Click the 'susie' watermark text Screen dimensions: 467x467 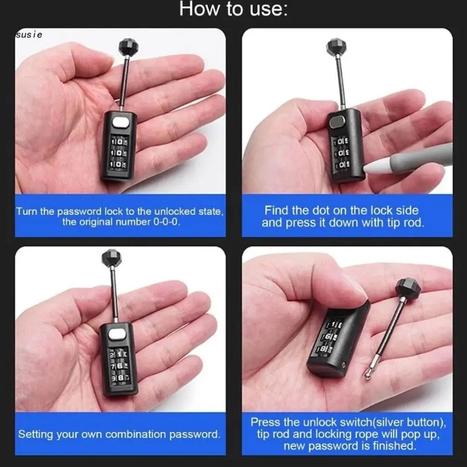click(x=29, y=35)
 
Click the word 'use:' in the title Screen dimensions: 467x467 click(x=268, y=9)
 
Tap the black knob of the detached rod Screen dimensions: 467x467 click(x=408, y=287)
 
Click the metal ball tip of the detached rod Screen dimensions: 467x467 click(x=368, y=376)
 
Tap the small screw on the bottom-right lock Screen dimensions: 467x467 click(x=345, y=364)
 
